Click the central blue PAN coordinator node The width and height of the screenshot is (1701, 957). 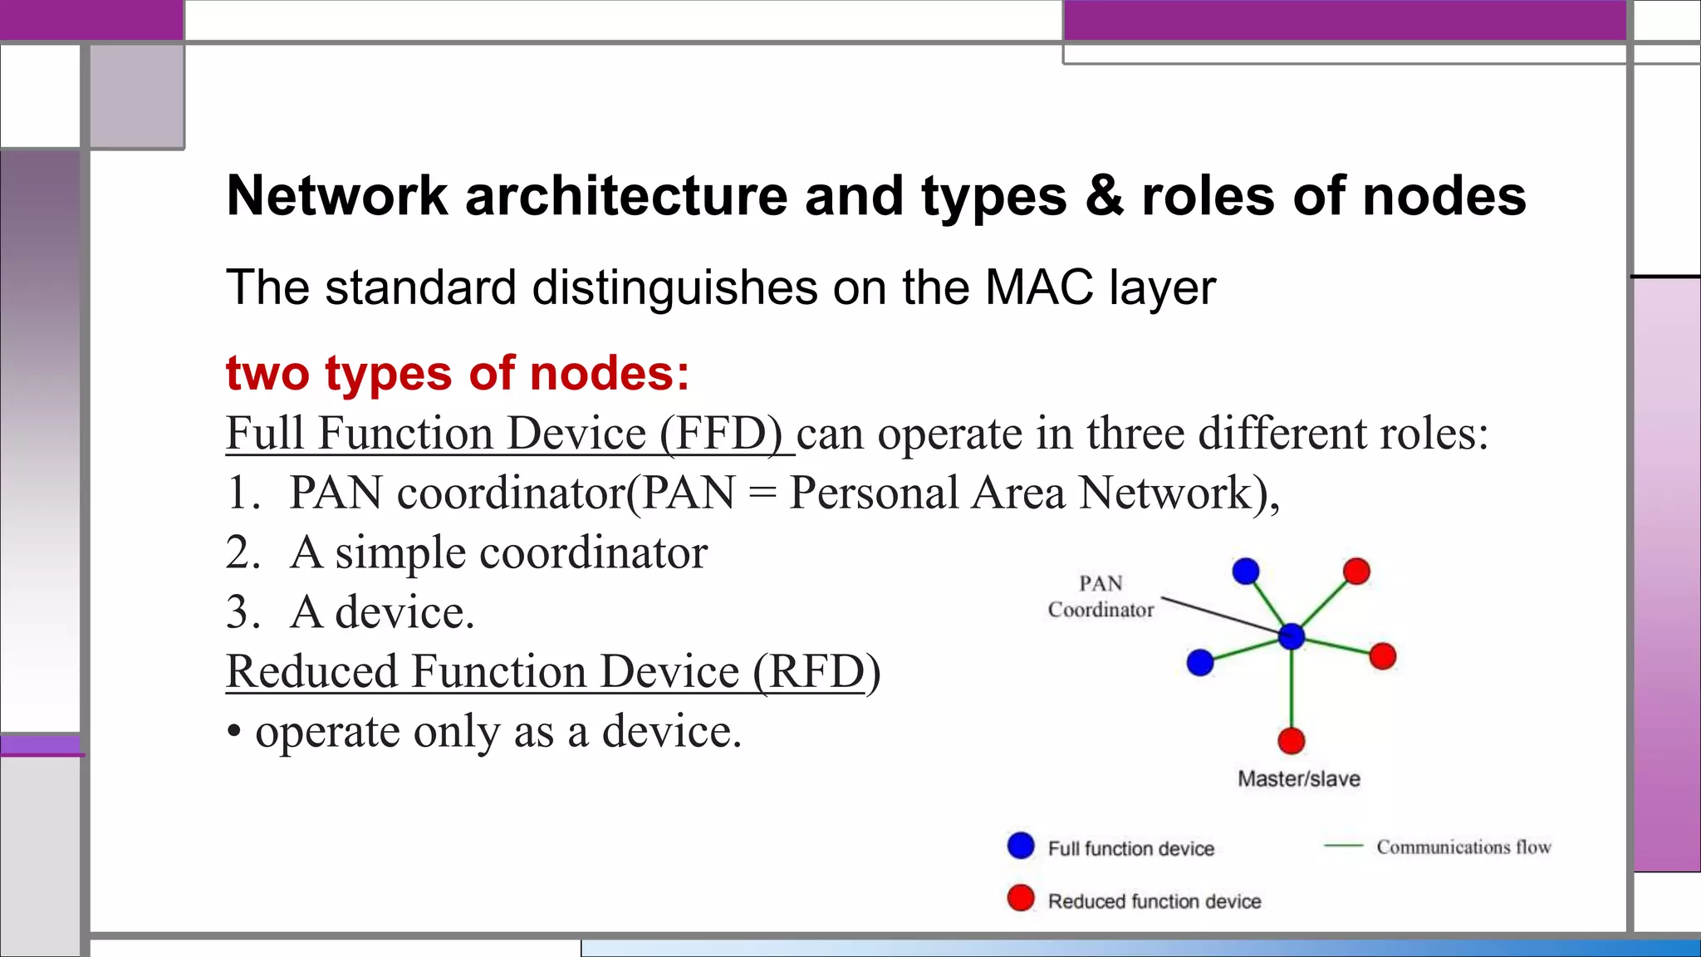[1292, 636]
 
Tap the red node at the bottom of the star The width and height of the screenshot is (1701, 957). [1292, 740]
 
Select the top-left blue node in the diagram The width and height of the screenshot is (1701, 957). [1246, 571]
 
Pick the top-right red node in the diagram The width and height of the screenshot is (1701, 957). [1356, 571]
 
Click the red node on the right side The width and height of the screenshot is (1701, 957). [1383, 655]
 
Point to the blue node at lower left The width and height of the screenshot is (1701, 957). [1200, 662]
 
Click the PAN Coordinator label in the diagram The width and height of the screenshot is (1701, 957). [1101, 596]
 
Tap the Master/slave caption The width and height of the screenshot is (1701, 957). [1299, 778]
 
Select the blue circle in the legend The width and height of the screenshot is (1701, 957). [1021, 846]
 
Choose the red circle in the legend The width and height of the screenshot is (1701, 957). [1021, 898]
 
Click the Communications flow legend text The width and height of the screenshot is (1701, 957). [1463, 847]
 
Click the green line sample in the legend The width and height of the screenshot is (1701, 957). [1343, 846]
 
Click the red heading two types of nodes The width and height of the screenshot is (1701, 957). [458, 373]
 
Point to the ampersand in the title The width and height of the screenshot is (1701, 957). [1105, 196]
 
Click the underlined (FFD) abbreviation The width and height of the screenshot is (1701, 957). [721, 434]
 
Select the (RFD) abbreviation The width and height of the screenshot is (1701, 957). [816, 671]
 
